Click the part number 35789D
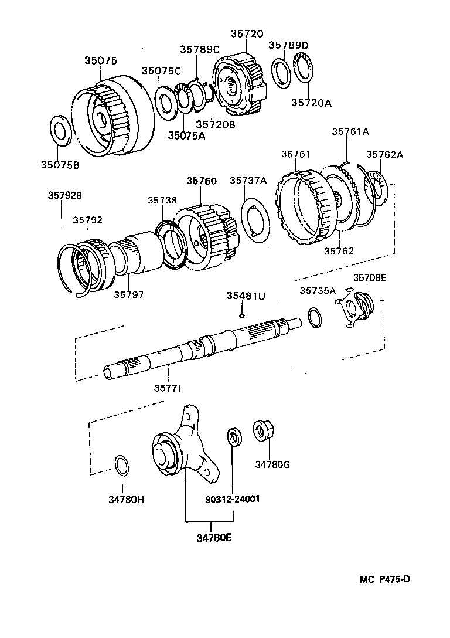(288, 45)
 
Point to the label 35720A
(312, 103)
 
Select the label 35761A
(350, 132)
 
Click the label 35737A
(248, 181)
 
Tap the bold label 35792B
(64, 196)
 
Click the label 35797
(128, 294)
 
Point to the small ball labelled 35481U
(241, 315)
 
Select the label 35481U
(246, 296)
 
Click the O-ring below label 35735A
(313, 317)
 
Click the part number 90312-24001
(233, 500)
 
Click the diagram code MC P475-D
(384, 579)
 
